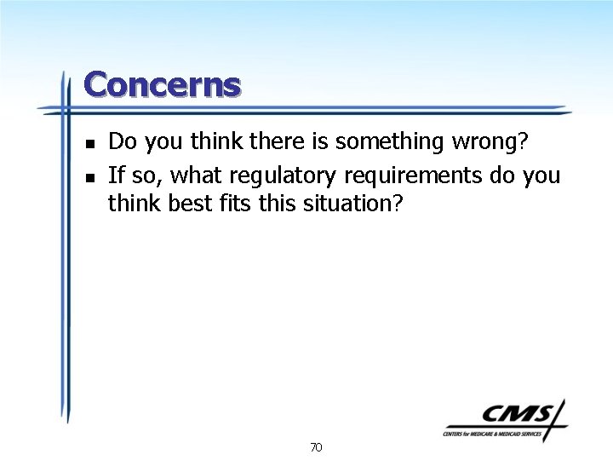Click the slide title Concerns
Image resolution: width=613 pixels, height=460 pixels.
point(163,85)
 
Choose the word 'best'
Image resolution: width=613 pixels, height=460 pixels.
point(192,204)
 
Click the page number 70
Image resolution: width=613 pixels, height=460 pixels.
point(316,446)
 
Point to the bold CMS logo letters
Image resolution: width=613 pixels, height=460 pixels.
point(516,414)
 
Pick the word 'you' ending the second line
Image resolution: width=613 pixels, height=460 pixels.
point(542,176)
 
